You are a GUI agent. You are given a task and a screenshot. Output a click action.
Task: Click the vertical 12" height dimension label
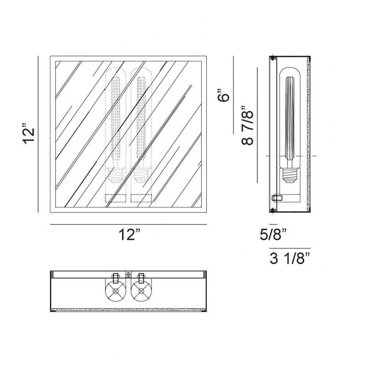29,135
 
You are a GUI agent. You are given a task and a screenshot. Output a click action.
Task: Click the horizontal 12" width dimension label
130,234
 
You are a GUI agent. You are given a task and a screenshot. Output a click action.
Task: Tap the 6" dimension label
224,95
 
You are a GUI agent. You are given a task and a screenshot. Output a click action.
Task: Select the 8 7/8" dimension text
247,125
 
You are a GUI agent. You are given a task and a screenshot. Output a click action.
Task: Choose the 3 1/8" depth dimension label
290,258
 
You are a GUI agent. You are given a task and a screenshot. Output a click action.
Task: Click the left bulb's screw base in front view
116,176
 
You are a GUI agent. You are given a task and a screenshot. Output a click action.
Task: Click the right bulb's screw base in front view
141,176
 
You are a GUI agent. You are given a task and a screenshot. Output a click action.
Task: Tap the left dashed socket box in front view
116,198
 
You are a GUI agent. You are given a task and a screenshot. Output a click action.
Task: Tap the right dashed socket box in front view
141,198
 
